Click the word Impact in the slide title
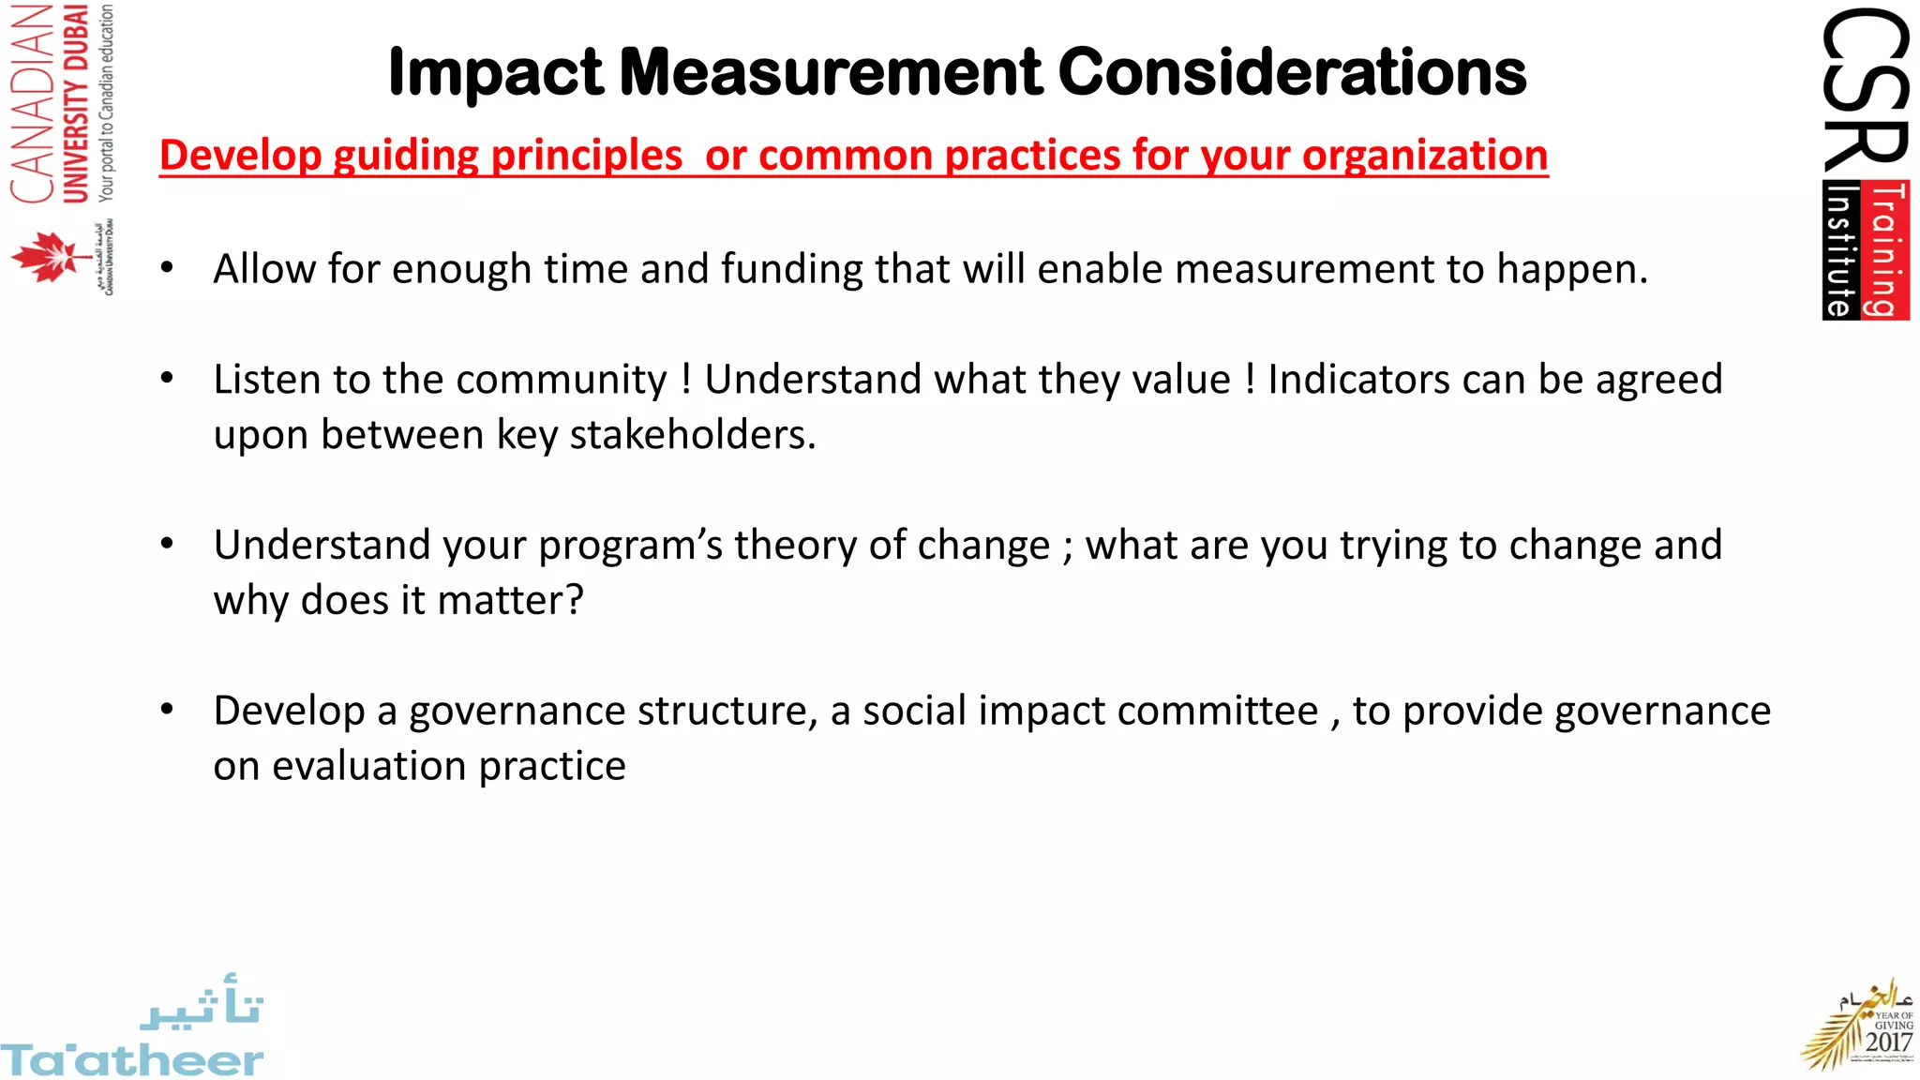point(496,73)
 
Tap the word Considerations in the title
point(1293,73)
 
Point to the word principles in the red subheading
point(587,156)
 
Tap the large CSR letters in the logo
point(1865,90)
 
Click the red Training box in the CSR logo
point(1888,250)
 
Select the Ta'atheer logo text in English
point(131,1060)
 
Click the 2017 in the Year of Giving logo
point(1888,1042)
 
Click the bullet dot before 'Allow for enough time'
point(167,268)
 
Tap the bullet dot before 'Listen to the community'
point(167,379)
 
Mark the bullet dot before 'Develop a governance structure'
point(167,710)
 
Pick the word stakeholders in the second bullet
point(693,435)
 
